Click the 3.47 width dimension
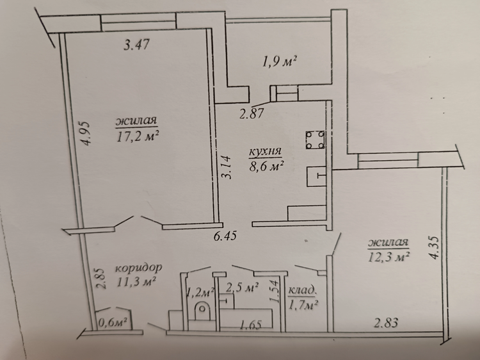point(136,44)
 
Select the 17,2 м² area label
point(138,136)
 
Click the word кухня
point(265,152)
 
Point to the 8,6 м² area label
point(266,167)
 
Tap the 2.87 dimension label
point(252,113)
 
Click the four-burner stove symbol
point(315,140)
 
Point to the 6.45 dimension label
point(225,236)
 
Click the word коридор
point(138,268)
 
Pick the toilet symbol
point(202,309)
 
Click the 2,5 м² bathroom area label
point(242,288)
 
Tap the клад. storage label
point(301,290)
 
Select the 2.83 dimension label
point(386,323)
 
